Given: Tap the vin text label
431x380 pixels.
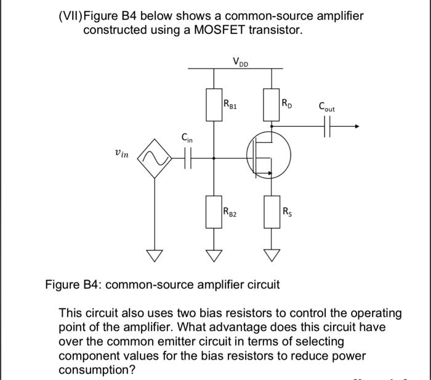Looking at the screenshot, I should coord(122,154).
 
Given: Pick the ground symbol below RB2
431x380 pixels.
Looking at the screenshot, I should coord(214,254).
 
